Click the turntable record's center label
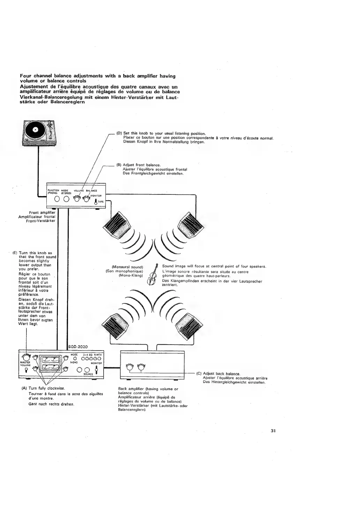tap(35, 130)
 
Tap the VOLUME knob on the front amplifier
tap(77, 199)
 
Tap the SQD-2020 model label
tap(78, 347)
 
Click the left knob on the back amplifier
tap(130, 367)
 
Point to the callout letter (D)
tap(119, 133)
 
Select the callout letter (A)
tap(24, 388)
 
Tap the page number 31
tap(273, 430)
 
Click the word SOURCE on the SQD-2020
tap(88, 374)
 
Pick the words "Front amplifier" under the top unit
tap(42, 212)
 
